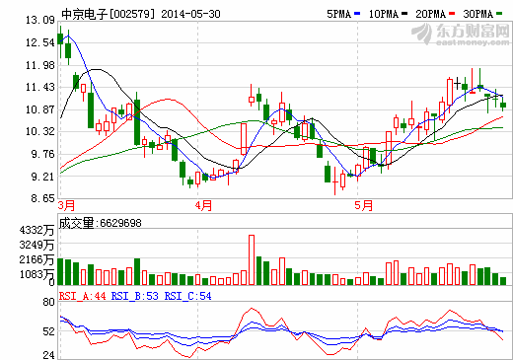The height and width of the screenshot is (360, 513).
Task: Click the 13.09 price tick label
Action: point(39,20)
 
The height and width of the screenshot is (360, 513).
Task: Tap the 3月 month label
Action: point(67,206)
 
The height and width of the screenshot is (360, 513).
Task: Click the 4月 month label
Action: point(204,206)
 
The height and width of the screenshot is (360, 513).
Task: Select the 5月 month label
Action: point(363,206)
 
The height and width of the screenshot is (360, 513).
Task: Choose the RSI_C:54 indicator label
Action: point(188,295)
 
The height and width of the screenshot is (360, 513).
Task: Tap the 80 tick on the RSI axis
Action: point(47,305)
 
